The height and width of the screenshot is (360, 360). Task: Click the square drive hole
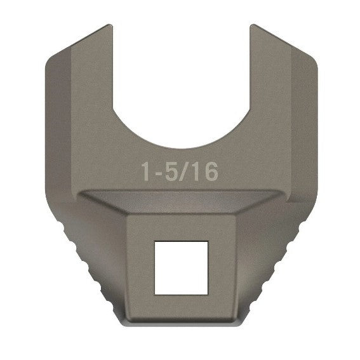pyautogui.click(x=181, y=267)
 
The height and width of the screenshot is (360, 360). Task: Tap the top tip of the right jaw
pyautogui.click(x=253, y=27)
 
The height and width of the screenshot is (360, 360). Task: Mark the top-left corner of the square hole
pyautogui.click(x=155, y=241)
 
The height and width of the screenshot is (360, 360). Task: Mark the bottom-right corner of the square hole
pyautogui.click(x=208, y=293)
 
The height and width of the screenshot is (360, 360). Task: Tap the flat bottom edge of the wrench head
pyautogui.click(x=181, y=324)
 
